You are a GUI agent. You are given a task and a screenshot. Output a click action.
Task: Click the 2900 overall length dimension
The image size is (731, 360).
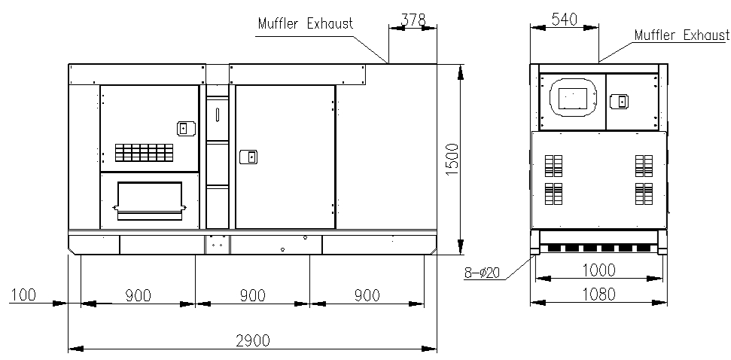(253, 341)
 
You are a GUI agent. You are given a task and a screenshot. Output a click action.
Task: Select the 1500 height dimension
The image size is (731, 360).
(452, 160)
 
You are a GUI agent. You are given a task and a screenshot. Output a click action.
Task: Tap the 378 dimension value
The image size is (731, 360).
(413, 20)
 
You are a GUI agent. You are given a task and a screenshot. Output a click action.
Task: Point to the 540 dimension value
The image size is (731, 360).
(564, 20)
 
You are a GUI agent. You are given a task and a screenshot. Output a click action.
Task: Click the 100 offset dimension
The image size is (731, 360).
(24, 294)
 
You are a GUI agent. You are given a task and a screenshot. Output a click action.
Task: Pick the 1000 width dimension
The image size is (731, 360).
(599, 270)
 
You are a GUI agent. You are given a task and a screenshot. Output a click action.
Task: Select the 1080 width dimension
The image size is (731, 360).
(599, 294)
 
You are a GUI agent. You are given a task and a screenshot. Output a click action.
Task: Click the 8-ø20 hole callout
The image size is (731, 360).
(482, 273)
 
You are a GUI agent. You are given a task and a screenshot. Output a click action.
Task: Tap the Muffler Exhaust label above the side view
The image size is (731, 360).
(306, 23)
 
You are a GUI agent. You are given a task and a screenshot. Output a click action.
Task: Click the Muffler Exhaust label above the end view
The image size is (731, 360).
(681, 35)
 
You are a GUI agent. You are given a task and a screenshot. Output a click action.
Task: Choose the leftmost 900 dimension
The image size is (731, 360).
(138, 295)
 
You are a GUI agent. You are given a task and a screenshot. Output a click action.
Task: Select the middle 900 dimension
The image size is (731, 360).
(253, 295)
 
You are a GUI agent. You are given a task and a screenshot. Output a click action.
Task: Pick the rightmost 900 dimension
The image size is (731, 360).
(367, 295)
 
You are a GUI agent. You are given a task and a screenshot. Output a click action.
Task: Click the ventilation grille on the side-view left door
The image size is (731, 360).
(144, 152)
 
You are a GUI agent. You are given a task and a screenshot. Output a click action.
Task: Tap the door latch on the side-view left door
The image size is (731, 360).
(185, 128)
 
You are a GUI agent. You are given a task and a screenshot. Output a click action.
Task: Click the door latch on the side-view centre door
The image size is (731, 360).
(248, 157)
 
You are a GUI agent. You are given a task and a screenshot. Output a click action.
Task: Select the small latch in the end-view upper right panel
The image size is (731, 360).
(619, 101)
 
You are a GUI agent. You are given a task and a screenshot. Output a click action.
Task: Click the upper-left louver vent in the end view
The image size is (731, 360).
(553, 166)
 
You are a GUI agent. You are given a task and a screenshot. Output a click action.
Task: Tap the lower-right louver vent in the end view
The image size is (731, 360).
(644, 194)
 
